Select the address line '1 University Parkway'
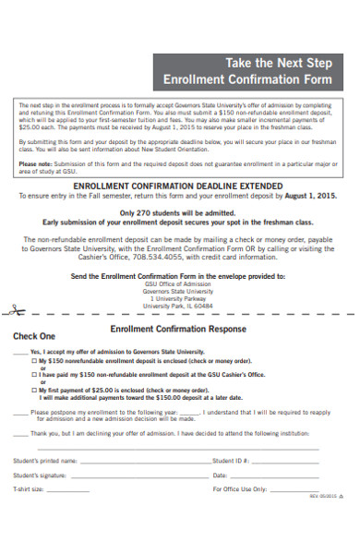179,298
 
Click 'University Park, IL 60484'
179,306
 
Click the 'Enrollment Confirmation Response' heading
179,328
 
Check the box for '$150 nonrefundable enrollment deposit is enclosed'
34,361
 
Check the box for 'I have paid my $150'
34,375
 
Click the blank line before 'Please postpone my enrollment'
18,413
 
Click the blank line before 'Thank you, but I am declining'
18,433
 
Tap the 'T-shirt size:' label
29,489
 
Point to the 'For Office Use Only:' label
240,489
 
